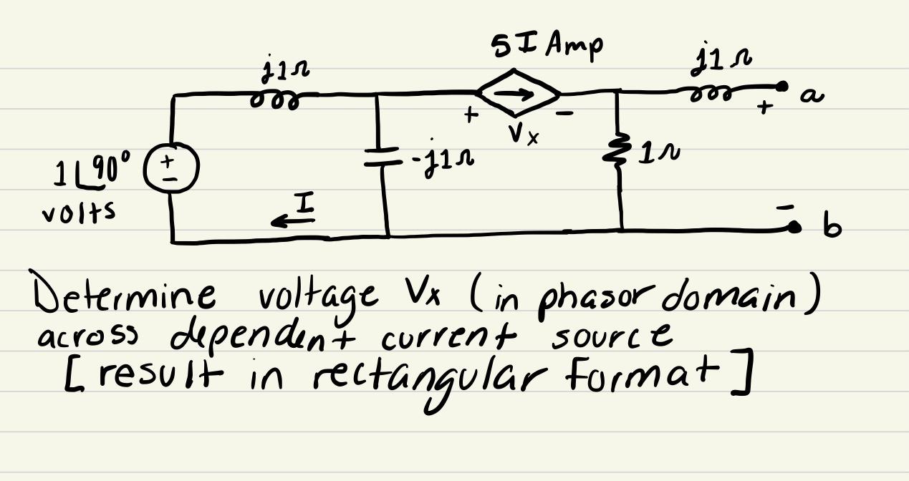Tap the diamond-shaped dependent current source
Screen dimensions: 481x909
point(519,92)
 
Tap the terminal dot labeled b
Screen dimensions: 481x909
point(794,228)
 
